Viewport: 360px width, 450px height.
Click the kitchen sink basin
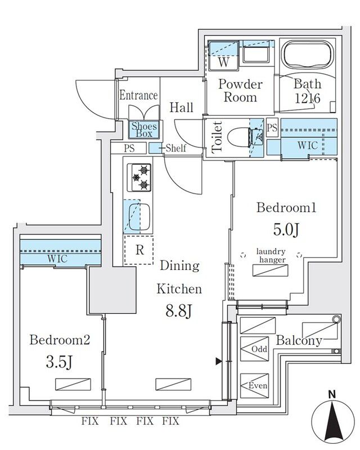pyautogui.click(x=139, y=217)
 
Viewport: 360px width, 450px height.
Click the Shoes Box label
pyautogui.click(x=145, y=130)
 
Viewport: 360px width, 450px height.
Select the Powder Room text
pyautogui.click(x=240, y=91)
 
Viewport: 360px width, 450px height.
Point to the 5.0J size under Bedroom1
pyautogui.click(x=286, y=229)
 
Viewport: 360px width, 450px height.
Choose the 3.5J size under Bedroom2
pyautogui.click(x=59, y=362)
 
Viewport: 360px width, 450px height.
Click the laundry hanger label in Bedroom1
pyautogui.click(x=271, y=255)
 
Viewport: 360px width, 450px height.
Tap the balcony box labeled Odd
pyautogui.click(x=259, y=349)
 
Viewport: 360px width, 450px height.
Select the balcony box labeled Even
pyautogui.click(x=258, y=386)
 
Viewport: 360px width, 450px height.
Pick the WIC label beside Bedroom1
pyautogui.click(x=308, y=145)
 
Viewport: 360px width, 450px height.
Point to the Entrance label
pyautogui.click(x=138, y=95)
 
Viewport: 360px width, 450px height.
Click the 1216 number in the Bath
pyautogui.click(x=307, y=98)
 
